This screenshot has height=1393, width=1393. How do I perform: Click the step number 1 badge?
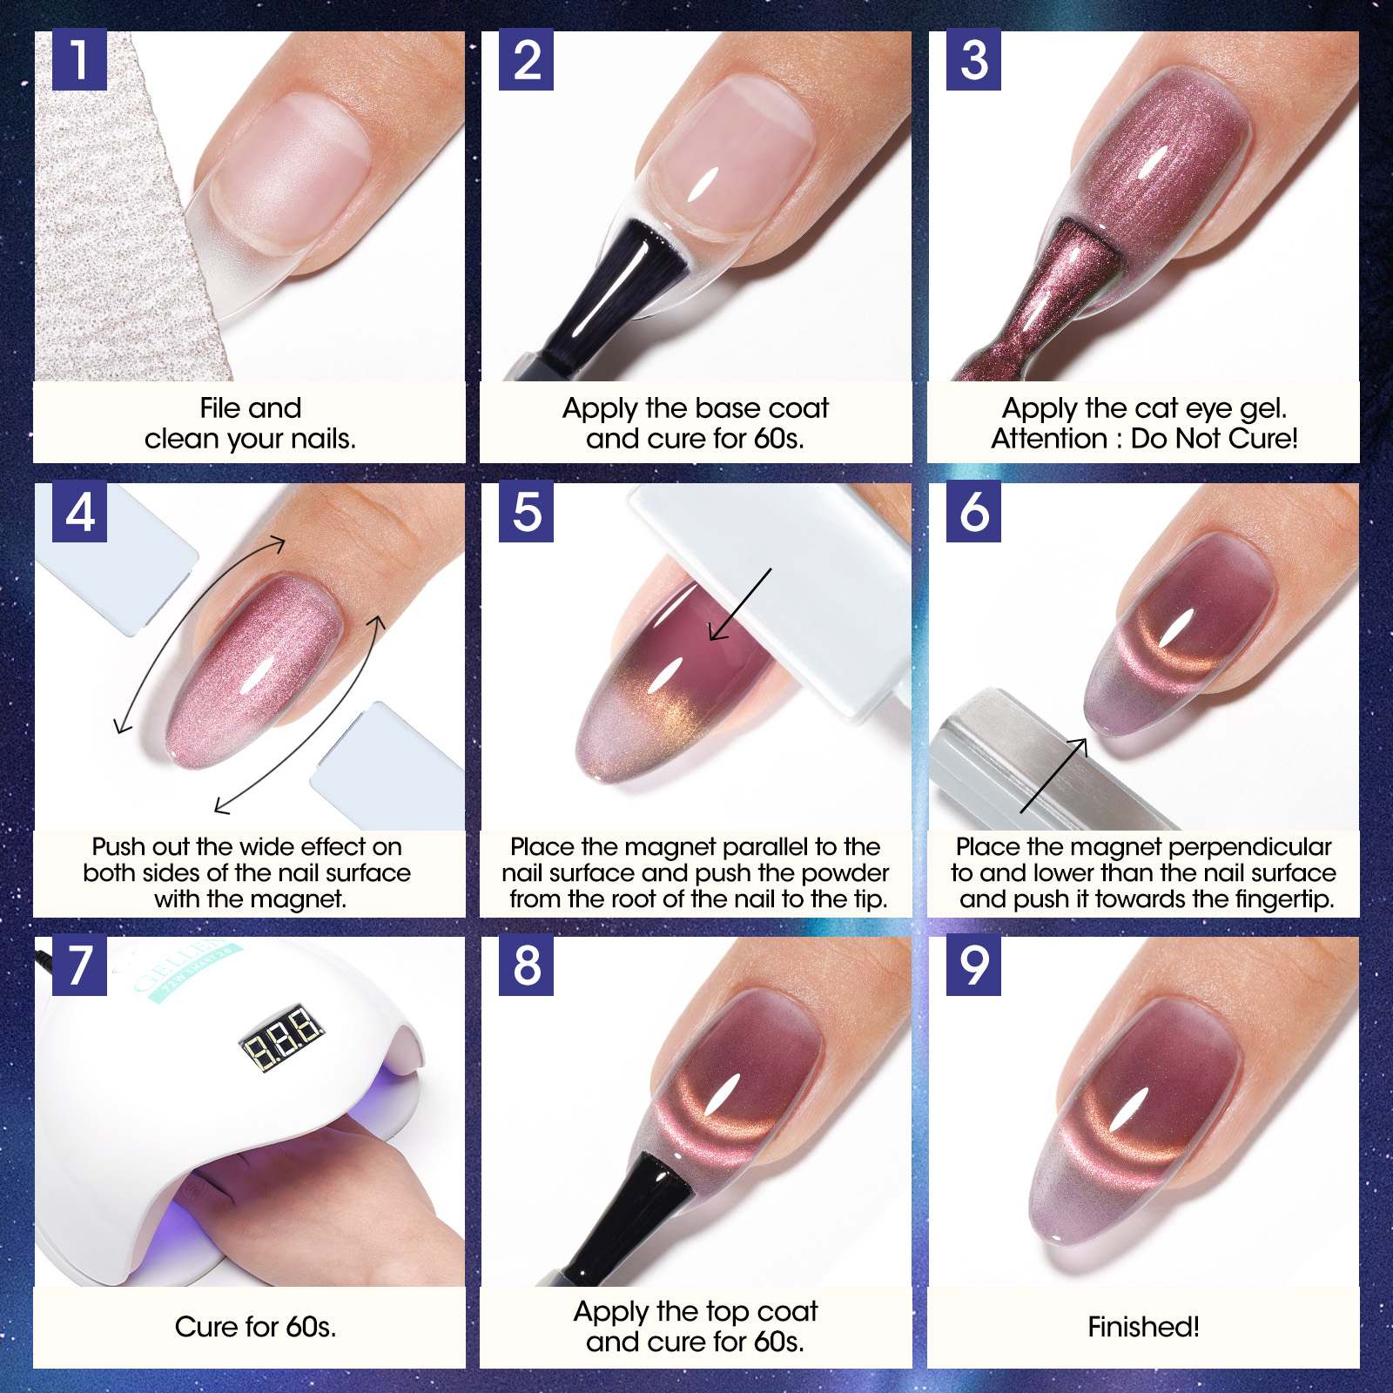tap(79, 60)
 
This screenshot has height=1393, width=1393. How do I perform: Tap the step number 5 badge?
tap(526, 512)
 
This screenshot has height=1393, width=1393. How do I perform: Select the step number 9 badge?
tap(973, 966)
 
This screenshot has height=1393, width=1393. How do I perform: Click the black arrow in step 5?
tap(740, 605)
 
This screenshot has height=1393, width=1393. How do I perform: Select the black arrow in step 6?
tap(1053, 775)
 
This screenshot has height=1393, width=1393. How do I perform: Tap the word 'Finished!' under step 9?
tap(1143, 1327)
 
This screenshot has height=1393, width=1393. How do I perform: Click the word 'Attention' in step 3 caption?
tap(1049, 438)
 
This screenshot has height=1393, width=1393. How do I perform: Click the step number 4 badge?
tap(79, 512)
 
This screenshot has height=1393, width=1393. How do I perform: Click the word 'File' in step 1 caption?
tap(219, 407)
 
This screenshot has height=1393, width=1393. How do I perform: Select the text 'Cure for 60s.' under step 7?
tap(255, 1327)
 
